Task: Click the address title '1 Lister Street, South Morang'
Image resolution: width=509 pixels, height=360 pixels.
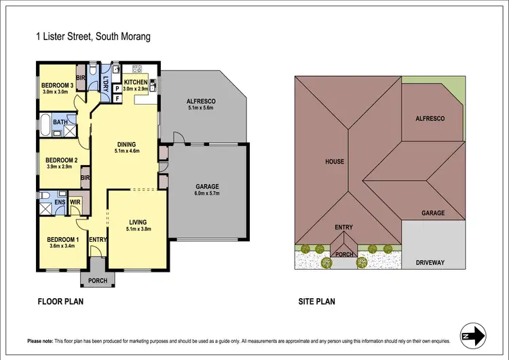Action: (x=92, y=38)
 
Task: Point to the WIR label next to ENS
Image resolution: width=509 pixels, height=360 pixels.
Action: (x=75, y=202)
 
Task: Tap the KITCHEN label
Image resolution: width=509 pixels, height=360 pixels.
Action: (x=136, y=82)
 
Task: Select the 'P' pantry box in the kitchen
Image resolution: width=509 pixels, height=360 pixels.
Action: (x=117, y=88)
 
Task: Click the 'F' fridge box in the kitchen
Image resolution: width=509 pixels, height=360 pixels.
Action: (x=117, y=98)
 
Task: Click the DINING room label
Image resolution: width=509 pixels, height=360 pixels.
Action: (x=126, y=144)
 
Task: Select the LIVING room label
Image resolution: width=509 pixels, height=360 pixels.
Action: (x=138, y=222)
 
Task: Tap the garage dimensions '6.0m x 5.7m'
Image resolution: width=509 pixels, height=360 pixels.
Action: (x=206, y=194)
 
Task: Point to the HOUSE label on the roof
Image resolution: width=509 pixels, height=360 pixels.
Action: (x=335, y=162)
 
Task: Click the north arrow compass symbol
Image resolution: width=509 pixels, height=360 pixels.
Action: (x=473, y=335)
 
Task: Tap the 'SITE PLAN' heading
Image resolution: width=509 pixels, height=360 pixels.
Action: (x=316, y=302)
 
